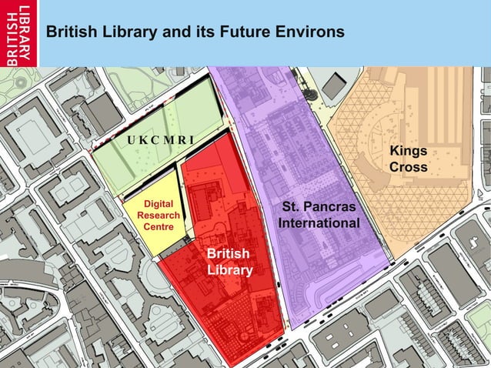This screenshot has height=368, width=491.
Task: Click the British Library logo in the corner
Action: tap(19, 33)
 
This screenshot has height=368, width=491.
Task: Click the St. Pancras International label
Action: tap(319, 216)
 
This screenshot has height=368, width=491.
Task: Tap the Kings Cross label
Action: tap(408, 159)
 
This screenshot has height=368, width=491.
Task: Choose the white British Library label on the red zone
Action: tap(228, 262)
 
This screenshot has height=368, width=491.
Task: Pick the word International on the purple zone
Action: tap(319, 223)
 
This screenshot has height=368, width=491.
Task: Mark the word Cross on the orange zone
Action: tap(408, 167)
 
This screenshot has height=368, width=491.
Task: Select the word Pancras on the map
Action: tap(331, 208)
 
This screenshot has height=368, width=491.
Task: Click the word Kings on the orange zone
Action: tap(408, 150)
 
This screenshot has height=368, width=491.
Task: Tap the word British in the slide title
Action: tap(68, 33)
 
